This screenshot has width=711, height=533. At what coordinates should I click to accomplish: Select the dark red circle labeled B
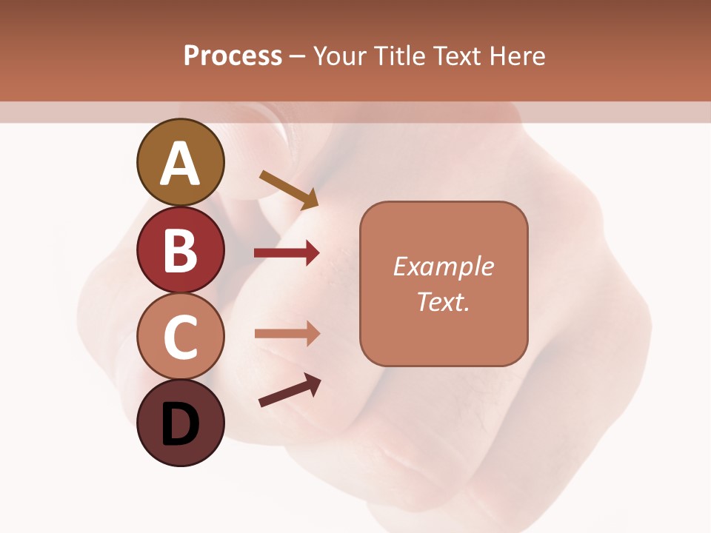pos(180,249)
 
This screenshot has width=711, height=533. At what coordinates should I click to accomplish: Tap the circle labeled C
pos(180,337)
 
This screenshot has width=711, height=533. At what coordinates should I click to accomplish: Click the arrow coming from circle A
pos(289,190)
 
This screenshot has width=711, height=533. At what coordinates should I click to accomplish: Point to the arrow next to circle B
pos(287,253)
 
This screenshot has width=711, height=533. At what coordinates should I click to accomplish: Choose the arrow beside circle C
pos(287,334)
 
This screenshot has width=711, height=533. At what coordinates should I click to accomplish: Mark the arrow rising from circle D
pos(290,390)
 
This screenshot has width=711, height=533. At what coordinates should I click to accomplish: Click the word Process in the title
pos(233,56)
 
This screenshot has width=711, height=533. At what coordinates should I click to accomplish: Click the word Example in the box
pos(443,266)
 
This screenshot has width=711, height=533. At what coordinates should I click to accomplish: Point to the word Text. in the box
pos(443,301)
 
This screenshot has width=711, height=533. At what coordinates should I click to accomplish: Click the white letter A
pos(180,164)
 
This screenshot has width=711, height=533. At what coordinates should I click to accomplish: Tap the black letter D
pos(180,426)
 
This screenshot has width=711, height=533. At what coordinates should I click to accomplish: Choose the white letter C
pos(180,338)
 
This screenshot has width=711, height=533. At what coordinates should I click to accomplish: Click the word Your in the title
pos(341,56)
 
